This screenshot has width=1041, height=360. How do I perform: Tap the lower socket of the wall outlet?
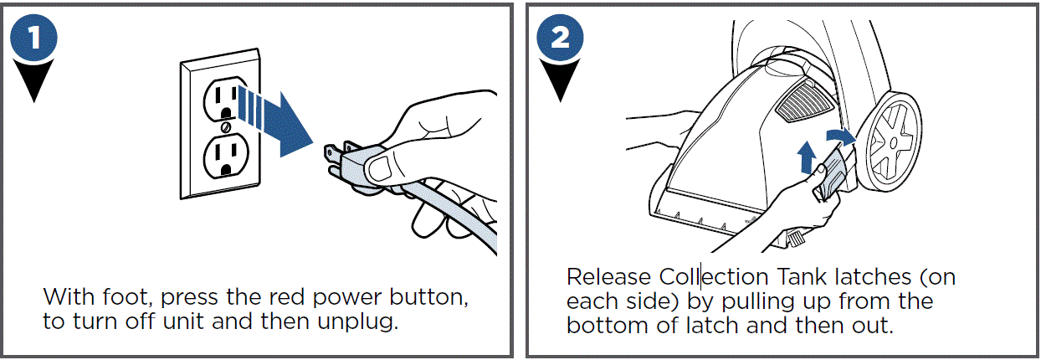point(226,157)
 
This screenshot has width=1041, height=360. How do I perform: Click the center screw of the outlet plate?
point(226,127)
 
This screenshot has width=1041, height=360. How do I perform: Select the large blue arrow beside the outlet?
point(274,123)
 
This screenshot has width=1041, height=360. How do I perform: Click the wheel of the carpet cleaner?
point(889,142)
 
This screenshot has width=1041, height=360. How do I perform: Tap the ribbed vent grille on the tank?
point(803,101)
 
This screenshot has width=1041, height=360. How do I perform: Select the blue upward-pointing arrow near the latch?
point(806,157)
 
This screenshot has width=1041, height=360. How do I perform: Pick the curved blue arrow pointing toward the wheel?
point(840,136)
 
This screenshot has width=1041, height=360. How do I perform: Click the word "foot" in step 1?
point(127,296)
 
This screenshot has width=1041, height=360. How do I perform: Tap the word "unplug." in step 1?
point(358,321)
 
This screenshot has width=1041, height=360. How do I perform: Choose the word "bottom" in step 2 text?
point(607,325)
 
